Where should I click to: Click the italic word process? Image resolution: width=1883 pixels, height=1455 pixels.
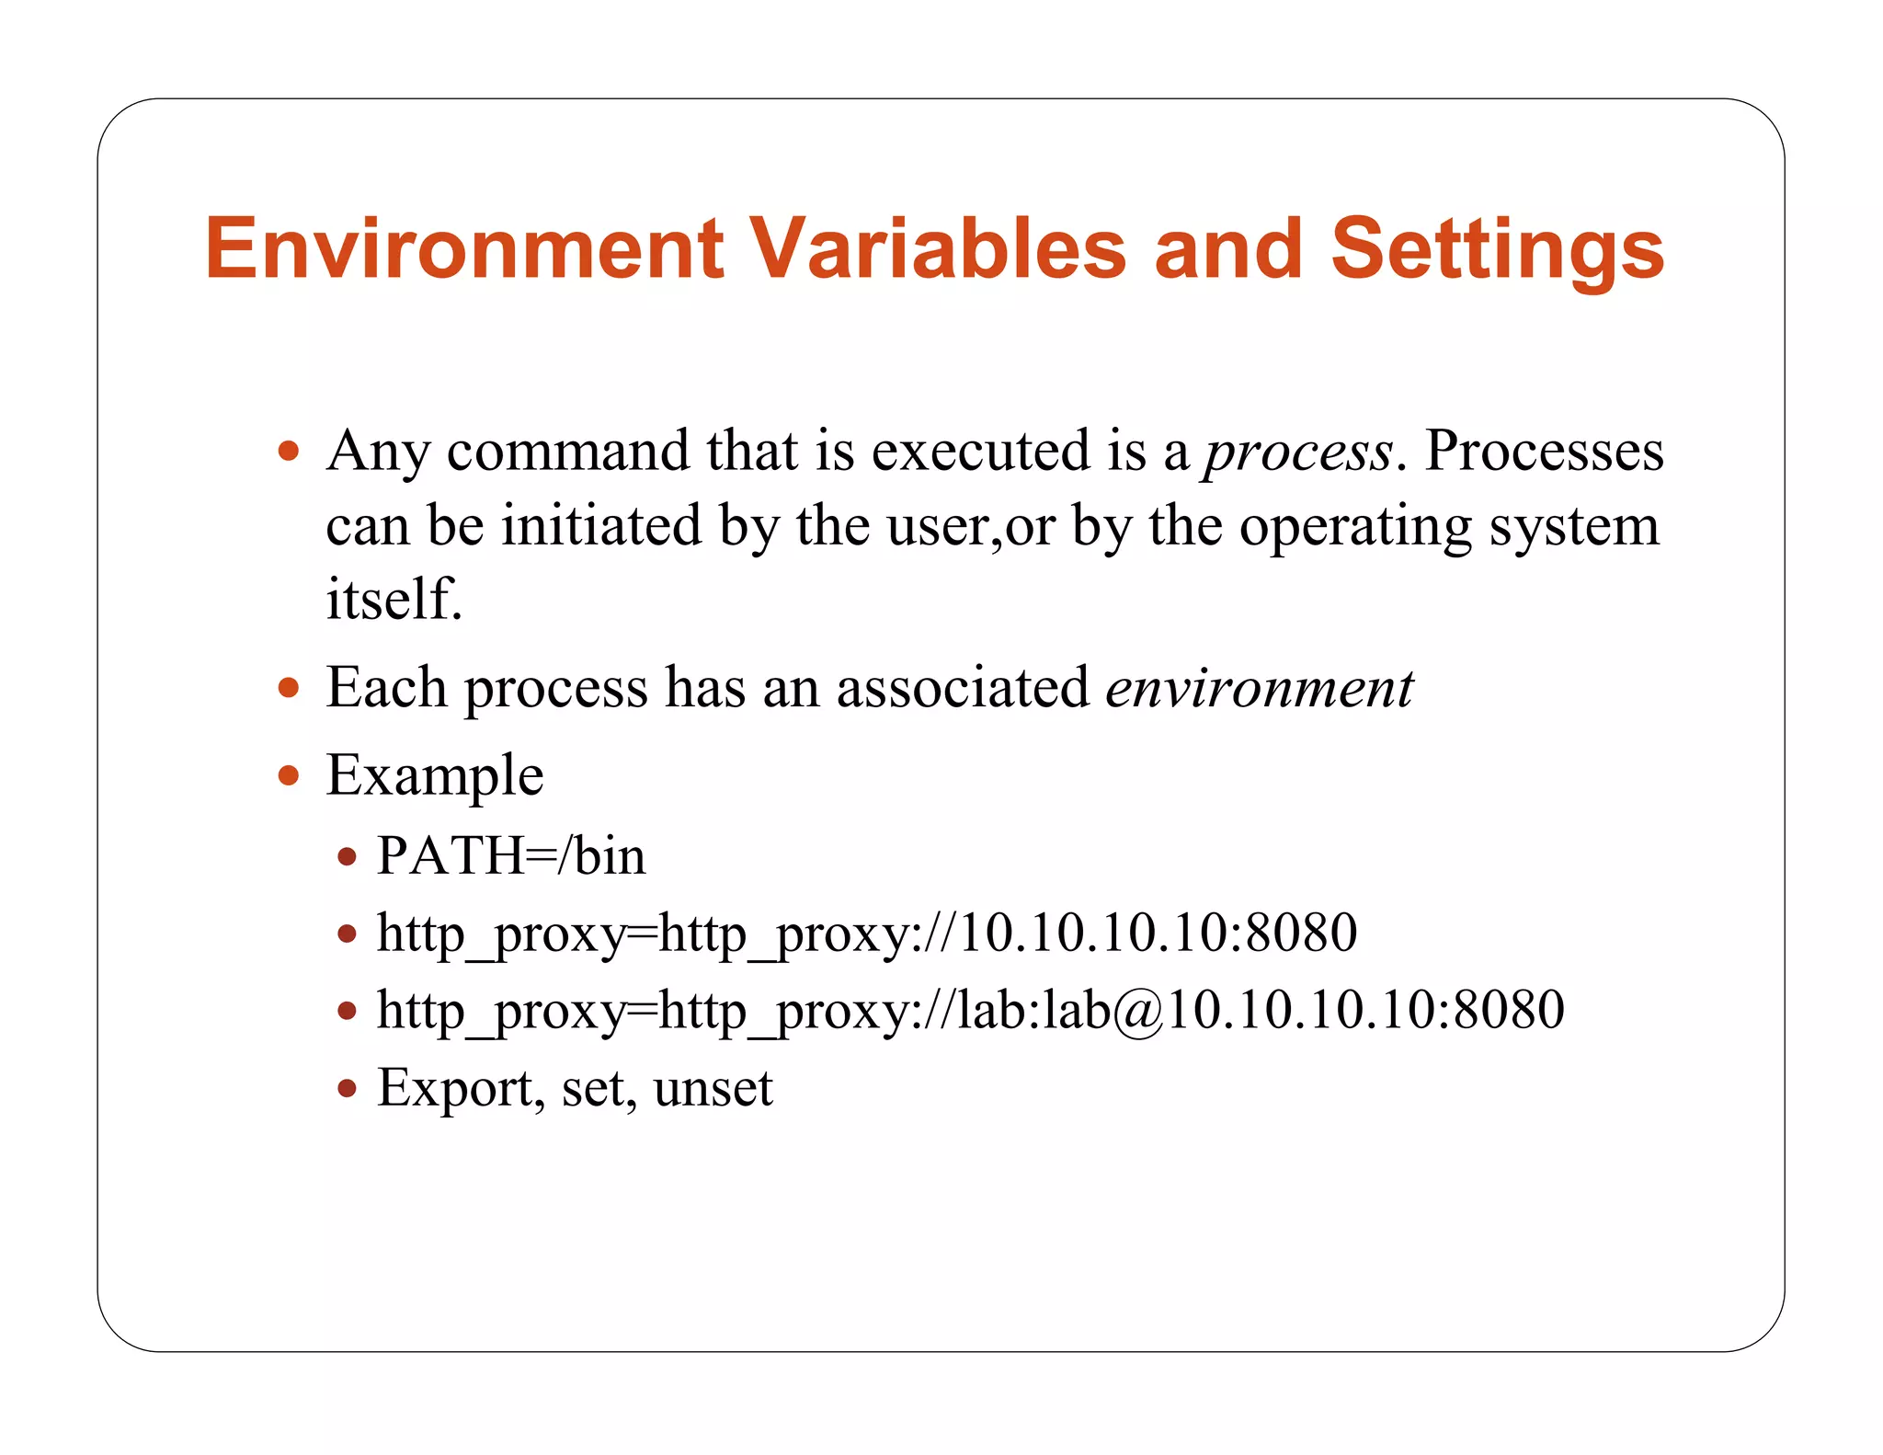[x=1298, y=453]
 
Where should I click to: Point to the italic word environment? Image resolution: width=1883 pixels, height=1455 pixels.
[x=1259, y=688]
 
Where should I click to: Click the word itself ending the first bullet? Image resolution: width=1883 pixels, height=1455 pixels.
[x=393, y=600]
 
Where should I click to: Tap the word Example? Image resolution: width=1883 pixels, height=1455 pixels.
[x=435, y=775]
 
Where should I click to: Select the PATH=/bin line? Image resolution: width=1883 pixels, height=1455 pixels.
[x=511, y=856]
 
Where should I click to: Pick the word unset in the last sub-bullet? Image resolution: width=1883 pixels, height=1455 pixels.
[x=713, y=1088]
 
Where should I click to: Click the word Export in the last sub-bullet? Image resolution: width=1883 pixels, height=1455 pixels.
[x=455, y=1088]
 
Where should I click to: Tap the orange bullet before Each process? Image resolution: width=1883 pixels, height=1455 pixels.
[x=289, y=688]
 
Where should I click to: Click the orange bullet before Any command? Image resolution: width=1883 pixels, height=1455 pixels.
[x=289, y=452]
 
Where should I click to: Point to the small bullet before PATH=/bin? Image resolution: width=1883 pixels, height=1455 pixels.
[x=347, y=857]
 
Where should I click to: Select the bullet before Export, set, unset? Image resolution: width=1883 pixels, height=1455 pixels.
[x=347, y=1089]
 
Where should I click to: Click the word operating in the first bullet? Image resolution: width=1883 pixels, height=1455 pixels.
[x=1355, y=527]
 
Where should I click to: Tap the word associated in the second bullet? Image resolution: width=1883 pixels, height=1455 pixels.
[x=963, y=688]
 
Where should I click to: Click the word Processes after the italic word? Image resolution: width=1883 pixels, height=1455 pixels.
[x=1544, y=452]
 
